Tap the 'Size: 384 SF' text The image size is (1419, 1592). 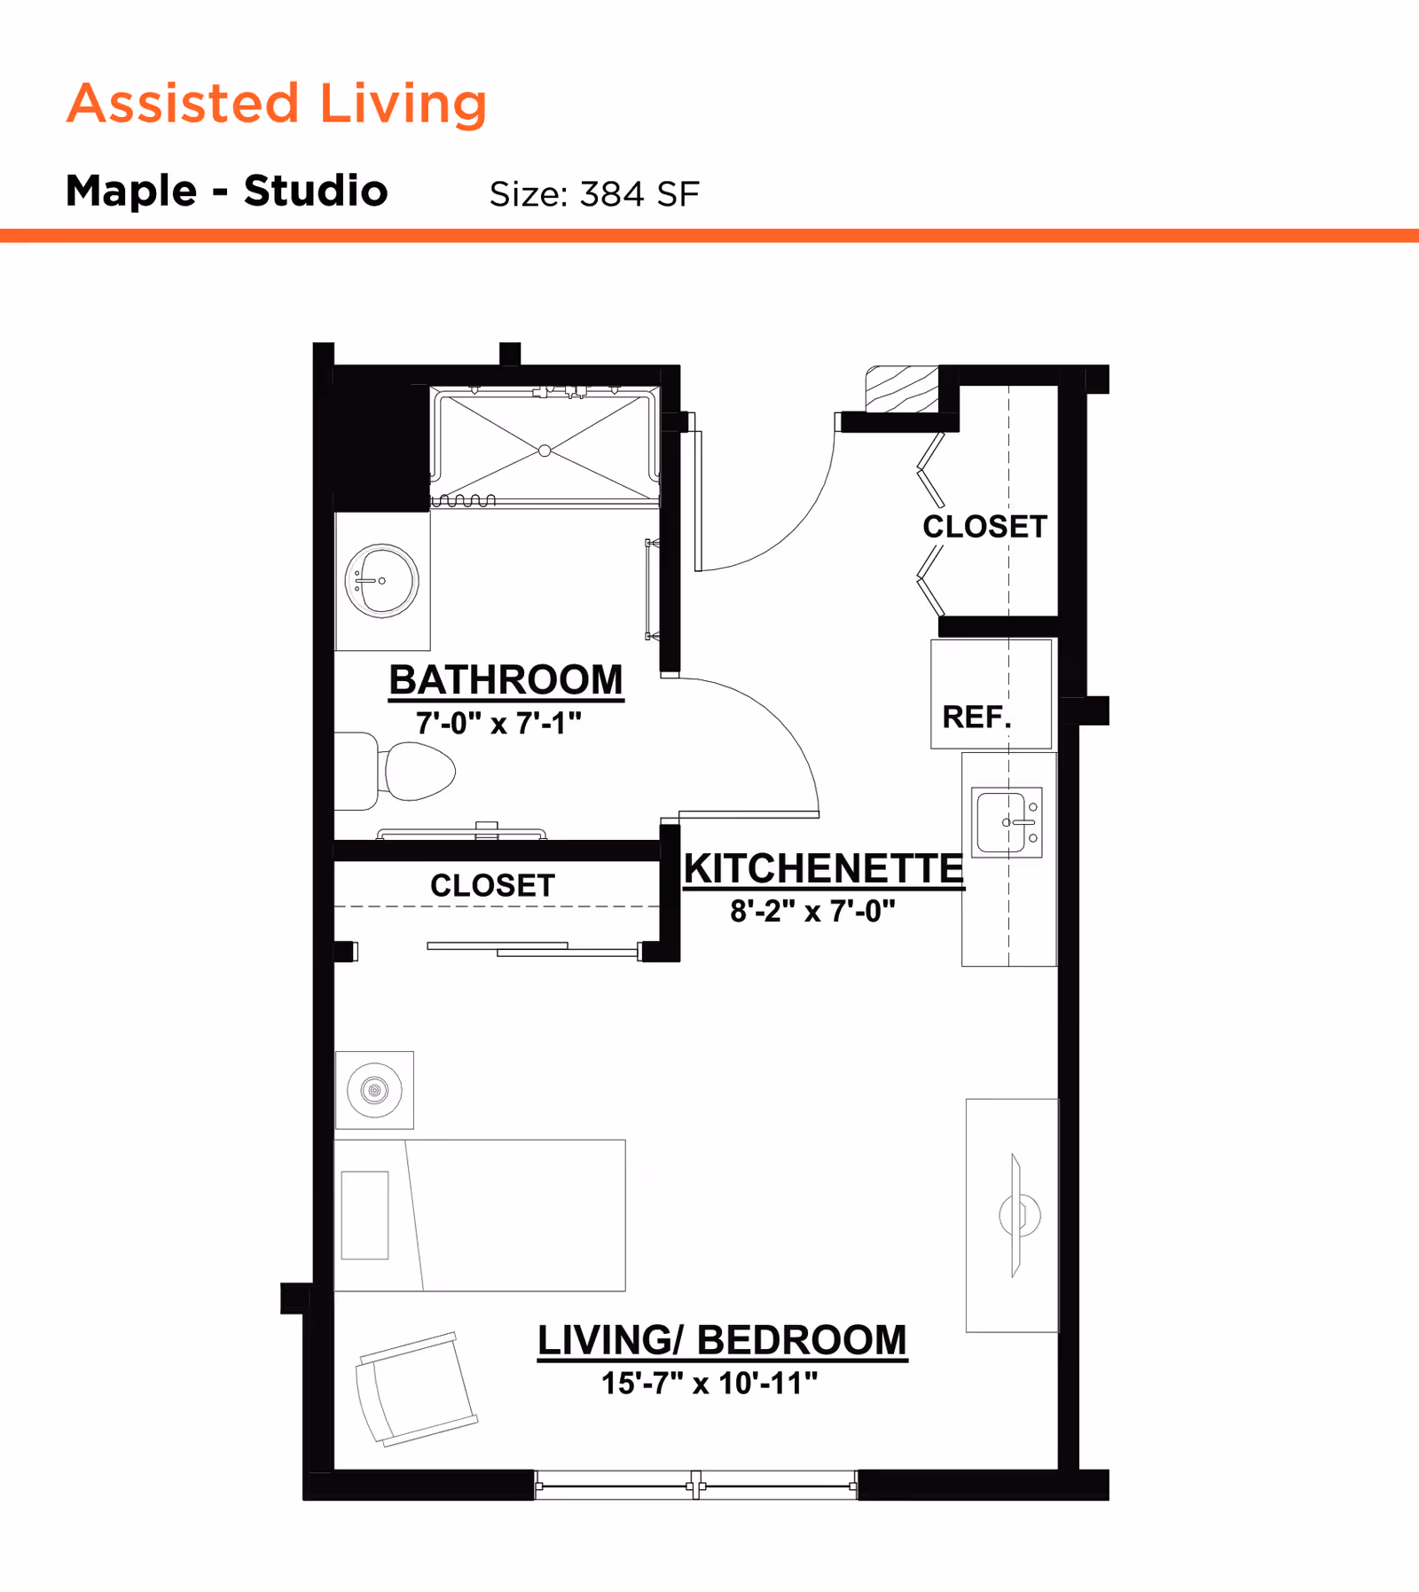(594, 194)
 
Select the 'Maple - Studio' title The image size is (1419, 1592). (227, 191)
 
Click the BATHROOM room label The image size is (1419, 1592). (506, 680)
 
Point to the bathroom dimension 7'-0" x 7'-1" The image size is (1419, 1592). (498, 724)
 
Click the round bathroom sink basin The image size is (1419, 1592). (382, 581)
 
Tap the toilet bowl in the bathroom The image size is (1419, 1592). (419, 771)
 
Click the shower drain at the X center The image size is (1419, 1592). (545, 451)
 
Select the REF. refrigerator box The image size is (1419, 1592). (991, 694)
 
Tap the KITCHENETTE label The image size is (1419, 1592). (823, 868)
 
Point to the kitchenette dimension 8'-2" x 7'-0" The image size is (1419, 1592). (812, 911)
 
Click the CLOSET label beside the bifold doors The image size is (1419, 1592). (984, 527)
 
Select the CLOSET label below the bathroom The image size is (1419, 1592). (492, 885)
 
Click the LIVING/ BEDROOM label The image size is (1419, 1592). (722, 1340)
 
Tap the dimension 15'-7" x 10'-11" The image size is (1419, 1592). (709, 1383)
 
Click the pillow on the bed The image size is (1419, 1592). (365, 1215)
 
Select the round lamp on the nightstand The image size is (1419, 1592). (374, 1090)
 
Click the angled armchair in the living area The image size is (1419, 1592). (415, 1389)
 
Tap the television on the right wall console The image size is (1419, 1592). (1017, 1215)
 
